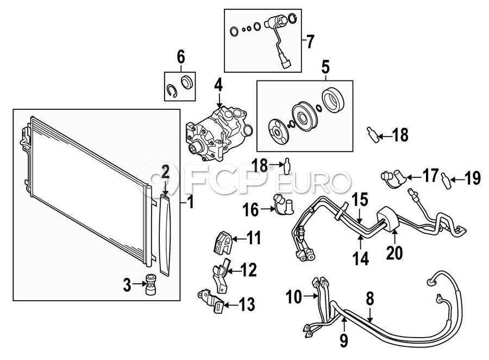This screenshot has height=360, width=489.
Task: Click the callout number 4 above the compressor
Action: click(x=218, y=85)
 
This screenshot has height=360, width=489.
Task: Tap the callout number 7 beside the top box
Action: click(x=309, y=41)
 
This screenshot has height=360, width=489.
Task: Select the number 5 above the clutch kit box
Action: click(x=325, y=67)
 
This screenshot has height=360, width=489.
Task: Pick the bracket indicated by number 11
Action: click(x=223, y=243)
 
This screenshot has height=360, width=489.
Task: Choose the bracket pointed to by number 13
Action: click(x=211, y=301)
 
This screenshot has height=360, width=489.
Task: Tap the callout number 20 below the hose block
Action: click(x=394, y=252)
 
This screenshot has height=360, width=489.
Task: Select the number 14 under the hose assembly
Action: click(x=361, y=259)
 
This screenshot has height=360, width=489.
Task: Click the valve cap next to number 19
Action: click(x=446, y=182)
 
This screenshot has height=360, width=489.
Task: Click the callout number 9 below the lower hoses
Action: click(x=343, y=340)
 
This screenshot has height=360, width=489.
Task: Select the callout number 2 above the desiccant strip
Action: click(x=165, y=172)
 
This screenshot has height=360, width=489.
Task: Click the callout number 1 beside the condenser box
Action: click(x=191, y=202)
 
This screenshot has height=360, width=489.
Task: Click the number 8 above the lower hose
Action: click(x=369, y=300)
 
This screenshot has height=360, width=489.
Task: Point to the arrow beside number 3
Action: click(x=139, y=284)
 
